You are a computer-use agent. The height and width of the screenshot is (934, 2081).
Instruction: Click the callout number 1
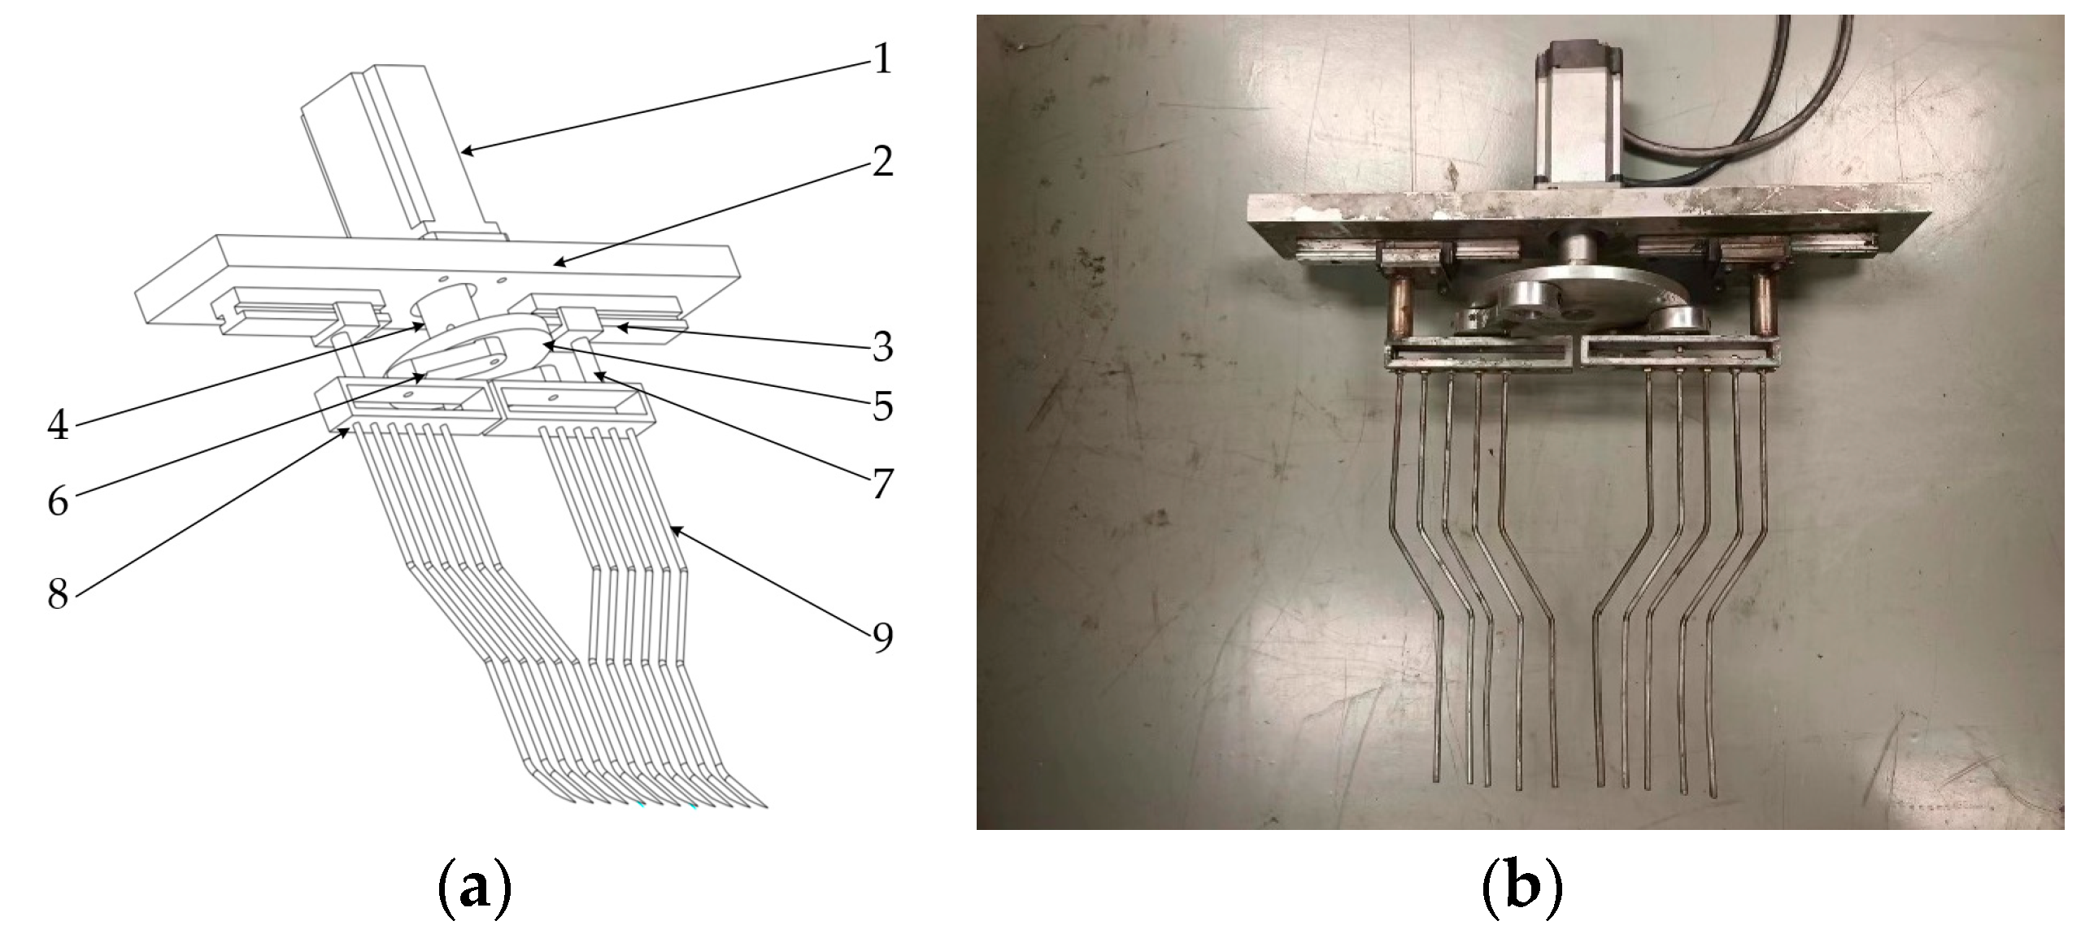pos(880,59)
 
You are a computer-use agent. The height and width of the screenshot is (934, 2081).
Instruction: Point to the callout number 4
pos(57,424)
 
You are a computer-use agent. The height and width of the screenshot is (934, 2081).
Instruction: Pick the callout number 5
pos(882,406)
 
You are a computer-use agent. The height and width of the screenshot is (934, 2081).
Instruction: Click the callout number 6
pos(57,502)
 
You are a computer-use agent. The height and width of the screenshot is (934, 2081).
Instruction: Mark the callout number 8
pos(57,593)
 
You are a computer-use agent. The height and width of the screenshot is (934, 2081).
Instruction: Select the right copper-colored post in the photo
pos(1759,306)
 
